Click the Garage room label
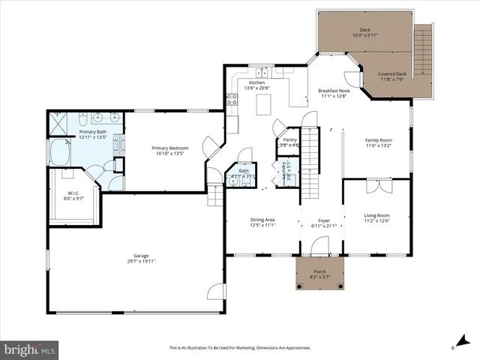[x=135, y=256]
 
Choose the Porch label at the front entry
[x=320, y=272]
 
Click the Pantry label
[x=289, y=139]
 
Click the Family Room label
[x=378, y=139]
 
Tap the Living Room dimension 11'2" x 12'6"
[x=377, y=220]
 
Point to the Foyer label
[x=324, y=220]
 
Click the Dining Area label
[x=262, y=220]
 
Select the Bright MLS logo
[x=30, y=349]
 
